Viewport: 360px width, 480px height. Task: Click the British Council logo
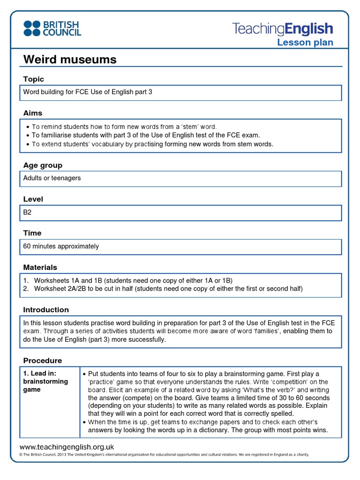click(x=52, y=28)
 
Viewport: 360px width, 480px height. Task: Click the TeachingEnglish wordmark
click(x=283, y=29)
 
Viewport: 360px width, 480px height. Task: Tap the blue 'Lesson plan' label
click(x=305, y=43)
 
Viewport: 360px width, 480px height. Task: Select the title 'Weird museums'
click(x=70, y=60)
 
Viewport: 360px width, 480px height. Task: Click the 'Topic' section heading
click(x=33, y=79)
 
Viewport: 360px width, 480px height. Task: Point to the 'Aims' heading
click(x=33, y=113)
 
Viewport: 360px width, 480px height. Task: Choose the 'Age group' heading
click(x=43, y=165)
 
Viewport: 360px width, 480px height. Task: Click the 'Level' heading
click(x=33, y=199)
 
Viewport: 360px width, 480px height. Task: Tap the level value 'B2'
click(x=27, y=212)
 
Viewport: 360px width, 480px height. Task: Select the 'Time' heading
click(x=32, y=233)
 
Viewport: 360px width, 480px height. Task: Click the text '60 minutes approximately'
click(x=61, y=246)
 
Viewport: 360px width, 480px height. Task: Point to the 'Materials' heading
click(x=40, y=267)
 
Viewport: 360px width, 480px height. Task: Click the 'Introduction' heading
click(x=46, y=310)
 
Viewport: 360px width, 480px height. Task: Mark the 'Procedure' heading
click(x=42, y=360)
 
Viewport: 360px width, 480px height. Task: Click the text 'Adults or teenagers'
click(x=52, y=178)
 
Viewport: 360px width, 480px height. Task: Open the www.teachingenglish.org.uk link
click(x=67, y=447)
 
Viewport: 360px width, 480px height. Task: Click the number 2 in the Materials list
click(x=26, y=289)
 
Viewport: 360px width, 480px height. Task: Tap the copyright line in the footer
click(x=164, y=455)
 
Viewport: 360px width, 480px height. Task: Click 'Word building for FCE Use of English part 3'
click(x=88, y=92)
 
